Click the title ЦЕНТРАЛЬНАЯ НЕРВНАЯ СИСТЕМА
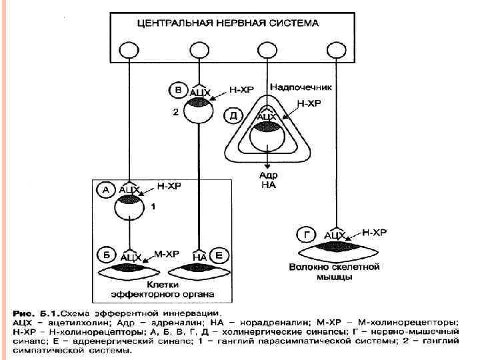point(227,23)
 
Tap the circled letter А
point(106,190)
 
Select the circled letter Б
point(106,255)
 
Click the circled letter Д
point(233,115)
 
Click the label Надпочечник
point(301,87)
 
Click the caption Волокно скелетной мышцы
point(334,271)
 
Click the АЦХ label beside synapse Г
point(335,235)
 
